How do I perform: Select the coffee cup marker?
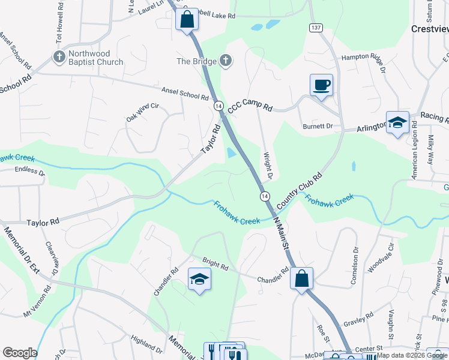coord(321,85)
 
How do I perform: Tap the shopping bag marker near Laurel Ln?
coord(187,19)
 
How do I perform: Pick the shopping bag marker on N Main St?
coord(302,278)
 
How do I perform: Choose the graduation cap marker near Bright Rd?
coord(200,279)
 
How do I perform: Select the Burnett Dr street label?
coord(318,127)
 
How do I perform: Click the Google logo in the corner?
coord(20,353)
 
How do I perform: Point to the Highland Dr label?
coord(144,345)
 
